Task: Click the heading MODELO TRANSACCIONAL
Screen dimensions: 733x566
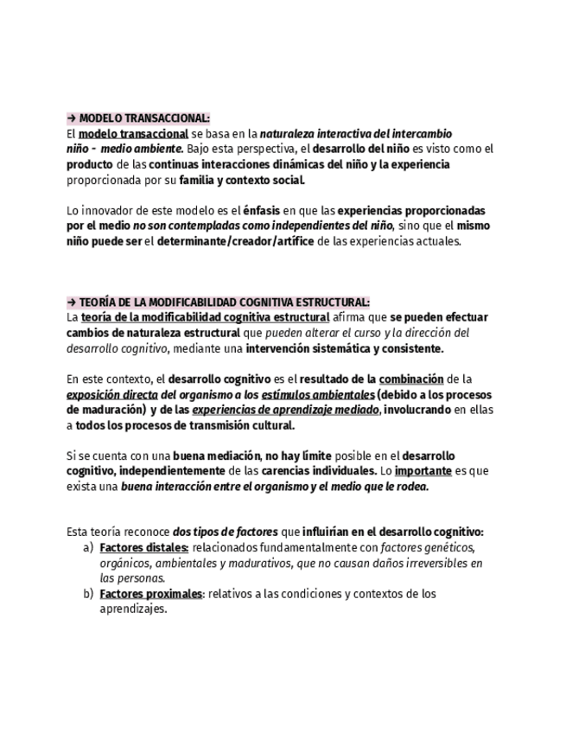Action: [144, 118]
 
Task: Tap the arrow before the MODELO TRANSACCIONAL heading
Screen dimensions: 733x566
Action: [71, 118]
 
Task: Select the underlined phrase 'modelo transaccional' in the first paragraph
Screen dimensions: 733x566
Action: [133, 134]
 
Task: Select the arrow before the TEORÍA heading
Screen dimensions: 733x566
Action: [71, 302]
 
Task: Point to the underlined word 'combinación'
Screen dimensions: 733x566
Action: [411, 379]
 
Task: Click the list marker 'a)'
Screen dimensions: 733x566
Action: [88, 548]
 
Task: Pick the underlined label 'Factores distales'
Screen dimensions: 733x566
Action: [143, 548]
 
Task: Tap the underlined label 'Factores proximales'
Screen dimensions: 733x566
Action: [151, 594]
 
